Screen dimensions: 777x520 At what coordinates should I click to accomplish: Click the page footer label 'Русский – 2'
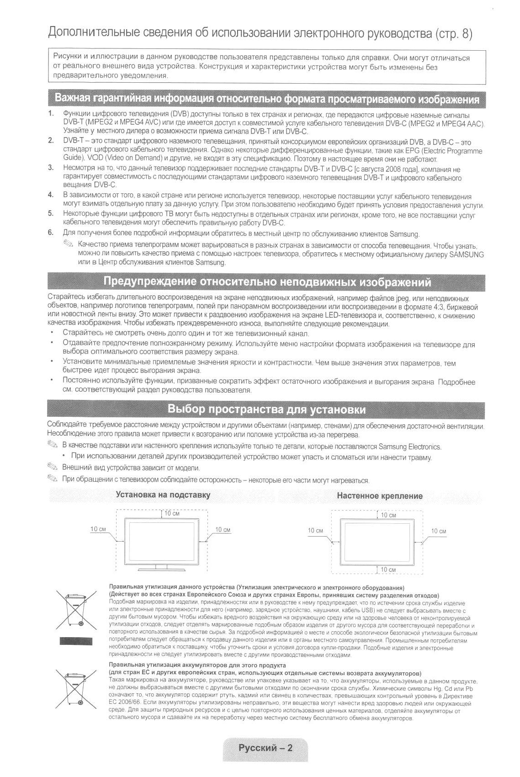click(265, 748)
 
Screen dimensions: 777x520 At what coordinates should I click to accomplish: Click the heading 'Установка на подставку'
click(163, 495)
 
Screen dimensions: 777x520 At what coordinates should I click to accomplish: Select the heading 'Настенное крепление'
click(380, 496)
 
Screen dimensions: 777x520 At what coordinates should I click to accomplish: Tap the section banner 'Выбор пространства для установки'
click(266, 409)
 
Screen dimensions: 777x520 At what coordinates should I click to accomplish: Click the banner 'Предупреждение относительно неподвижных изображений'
click(267, 282)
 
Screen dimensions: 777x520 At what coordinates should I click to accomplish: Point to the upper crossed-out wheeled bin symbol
click(76, 609)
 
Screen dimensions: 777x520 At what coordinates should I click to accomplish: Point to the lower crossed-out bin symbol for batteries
click(76, 687)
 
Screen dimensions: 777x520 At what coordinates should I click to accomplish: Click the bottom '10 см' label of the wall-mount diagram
click(388, 569)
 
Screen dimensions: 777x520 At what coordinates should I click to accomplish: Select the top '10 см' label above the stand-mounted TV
click(172, 514)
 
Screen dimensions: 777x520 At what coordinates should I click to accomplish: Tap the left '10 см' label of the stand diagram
click(98, 529)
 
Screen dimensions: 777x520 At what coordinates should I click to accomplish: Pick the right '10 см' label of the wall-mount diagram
click(439, 531)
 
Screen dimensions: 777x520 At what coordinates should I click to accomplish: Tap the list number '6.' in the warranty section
click(51, 232)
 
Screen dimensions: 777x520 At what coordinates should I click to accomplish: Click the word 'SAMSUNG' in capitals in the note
click(467, 254)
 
